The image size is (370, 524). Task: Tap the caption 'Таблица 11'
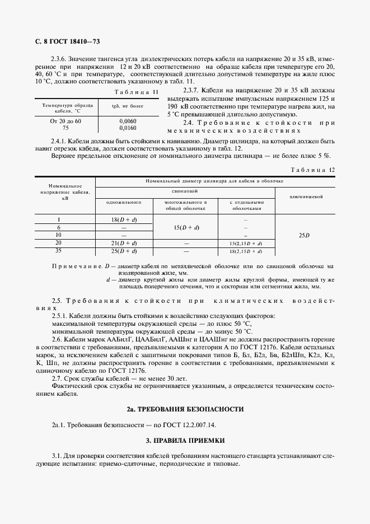click(136, 91)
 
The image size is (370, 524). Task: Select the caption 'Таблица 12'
click(313, 170)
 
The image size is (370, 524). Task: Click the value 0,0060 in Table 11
click(128, 121)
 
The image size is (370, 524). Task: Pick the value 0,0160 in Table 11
click(128, 127)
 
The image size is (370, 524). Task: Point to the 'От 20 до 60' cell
click(66, 121)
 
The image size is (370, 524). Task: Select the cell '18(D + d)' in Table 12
click(124, 220)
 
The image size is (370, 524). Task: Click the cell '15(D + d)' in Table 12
click(186, 228)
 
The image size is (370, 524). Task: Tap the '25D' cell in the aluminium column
click(303, 236)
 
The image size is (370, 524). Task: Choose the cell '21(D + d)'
click(124, 244)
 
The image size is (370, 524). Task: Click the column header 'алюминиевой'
click(305, 196)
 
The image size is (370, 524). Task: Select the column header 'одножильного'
click(124, 202)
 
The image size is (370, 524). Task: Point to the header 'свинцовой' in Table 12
click(185, 190)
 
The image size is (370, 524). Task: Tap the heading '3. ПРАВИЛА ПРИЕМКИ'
click(185, 441)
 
